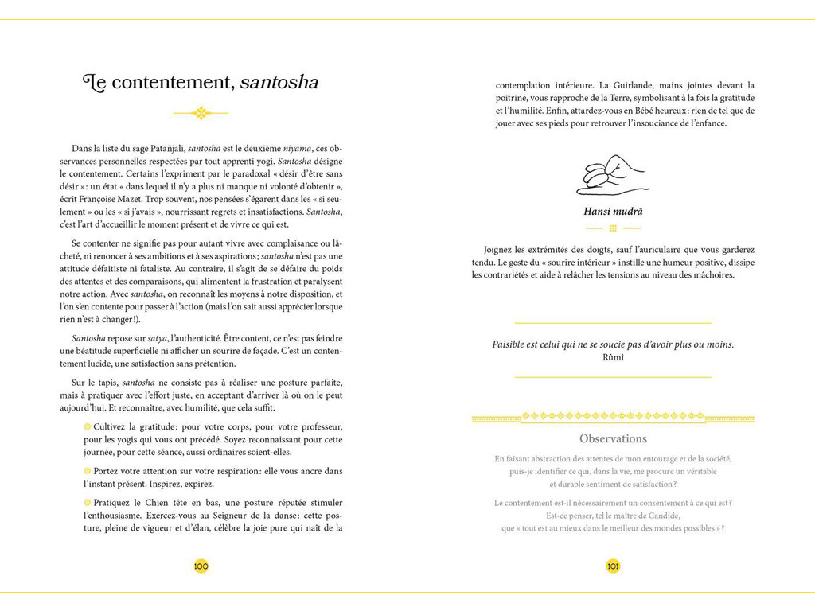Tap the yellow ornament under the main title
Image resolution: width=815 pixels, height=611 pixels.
(201, 113)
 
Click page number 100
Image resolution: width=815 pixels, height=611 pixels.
(201, 566)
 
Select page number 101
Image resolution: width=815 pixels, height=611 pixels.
(613, 566)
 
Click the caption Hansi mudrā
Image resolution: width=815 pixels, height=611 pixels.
(613, 212)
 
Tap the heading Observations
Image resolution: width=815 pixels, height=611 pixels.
(613, 438)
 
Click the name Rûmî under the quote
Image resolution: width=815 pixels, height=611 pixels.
(613, 357)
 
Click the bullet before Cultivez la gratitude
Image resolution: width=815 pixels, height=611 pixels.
(88, 426)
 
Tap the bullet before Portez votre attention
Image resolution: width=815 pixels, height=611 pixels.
(88, 471)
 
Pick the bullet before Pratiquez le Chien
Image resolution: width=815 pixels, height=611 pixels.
(88, 502)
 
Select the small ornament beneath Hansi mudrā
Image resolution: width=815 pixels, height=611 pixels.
(613, 228)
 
